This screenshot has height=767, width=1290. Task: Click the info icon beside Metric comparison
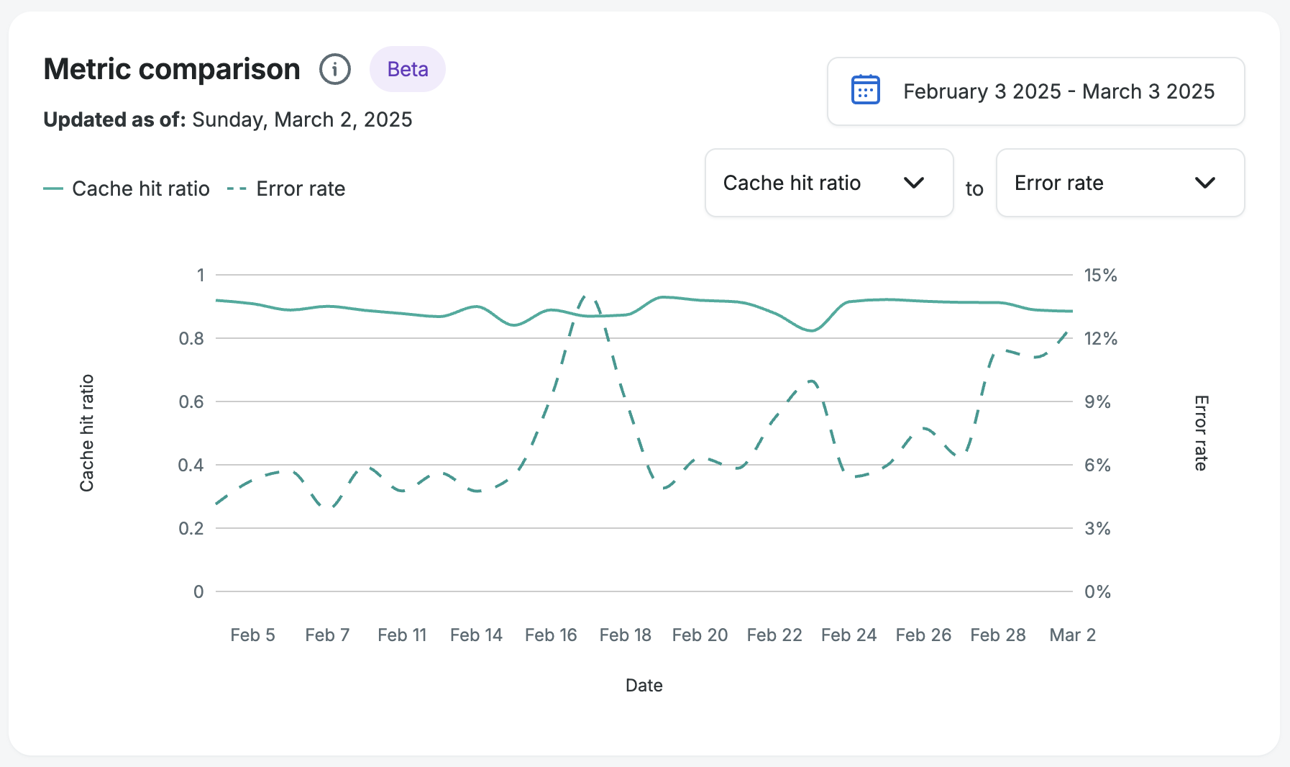[x=335, y=70]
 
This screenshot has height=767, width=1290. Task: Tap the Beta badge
[x=408, y=69]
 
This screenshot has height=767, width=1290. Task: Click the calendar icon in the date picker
[x=865, y=91]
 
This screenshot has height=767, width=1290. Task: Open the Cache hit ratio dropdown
[x=828, y=183]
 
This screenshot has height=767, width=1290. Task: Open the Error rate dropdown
[x=1120, y=183]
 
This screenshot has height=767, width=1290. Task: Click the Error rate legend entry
[x=287, y=189]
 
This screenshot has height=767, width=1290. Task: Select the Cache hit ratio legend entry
[x=127, y=189]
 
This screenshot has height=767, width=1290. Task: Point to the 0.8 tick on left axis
[x=191, y=338]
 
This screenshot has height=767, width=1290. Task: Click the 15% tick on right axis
[x=1100, y=275]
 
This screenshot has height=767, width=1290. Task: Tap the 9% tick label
[x=1097, y=401]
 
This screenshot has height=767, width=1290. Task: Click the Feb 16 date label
[x=551, y=635]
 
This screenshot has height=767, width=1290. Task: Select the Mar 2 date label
[x=1072, y=635]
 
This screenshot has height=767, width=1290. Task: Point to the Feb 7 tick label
[x=327, y=635]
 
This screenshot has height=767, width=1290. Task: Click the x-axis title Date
[x=644, y=685]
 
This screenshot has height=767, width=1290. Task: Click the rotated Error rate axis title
[x=1201, y=433]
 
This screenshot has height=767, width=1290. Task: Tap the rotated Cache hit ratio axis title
[x=87, y=433]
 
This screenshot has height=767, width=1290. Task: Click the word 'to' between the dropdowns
[x=974, y=189]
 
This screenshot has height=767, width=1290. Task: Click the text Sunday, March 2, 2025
[x=302, y=119]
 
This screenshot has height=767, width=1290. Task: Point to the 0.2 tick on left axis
[x=191, y=528]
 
